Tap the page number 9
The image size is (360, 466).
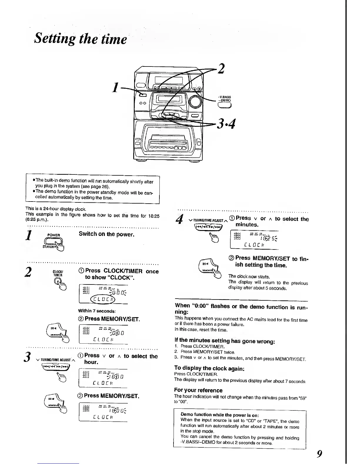tap(319, 454)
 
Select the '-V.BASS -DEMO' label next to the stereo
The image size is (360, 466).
tap(224, 99)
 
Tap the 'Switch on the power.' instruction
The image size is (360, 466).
tap(106, 234)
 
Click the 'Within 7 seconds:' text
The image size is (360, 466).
tap(97, 311)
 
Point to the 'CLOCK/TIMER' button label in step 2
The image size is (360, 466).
tap(56, 273)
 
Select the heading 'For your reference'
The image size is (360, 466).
tap(198, 390)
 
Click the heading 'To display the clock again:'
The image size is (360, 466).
tap(209, 368)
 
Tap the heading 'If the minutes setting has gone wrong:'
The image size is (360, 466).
tap(225, 341)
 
